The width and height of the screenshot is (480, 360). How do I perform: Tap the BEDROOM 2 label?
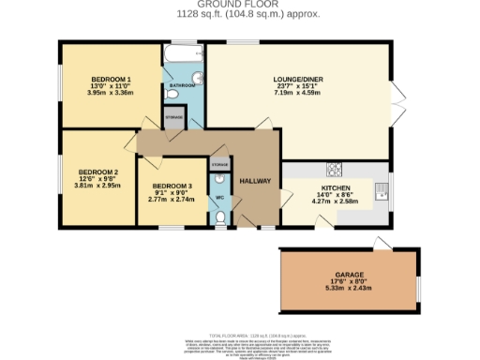coord(97,172)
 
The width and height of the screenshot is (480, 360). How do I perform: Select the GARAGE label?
coord(346,276)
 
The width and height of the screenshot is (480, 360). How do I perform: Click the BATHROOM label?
coord(183,86)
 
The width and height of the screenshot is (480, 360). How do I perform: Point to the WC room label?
coord(218,198)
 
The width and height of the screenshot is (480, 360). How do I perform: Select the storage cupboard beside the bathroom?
coord(174,118)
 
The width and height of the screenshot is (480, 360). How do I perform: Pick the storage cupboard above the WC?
coord(218,165)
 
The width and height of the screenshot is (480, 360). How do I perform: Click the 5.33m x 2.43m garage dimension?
coord(346,289)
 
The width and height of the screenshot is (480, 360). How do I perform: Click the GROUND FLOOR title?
coord(239,5)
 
